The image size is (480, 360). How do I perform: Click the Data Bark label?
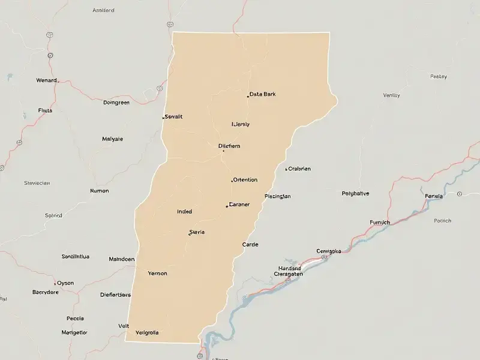(x=263, y=94)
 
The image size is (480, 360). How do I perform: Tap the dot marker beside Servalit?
(x=163, y=118)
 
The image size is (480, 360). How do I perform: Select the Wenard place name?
(x=46, y=80)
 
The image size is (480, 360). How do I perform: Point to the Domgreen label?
(x=116, y=103)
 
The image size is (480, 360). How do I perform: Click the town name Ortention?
(x=245, y=179)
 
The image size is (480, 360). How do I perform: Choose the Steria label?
(x=197, y=232)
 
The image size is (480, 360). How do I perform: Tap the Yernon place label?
(x=157, y=273)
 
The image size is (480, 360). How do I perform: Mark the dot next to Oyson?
(x=56, y=283)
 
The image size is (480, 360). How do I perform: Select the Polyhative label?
(x=355, y=193)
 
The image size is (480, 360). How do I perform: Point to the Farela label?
(x=434, y=196)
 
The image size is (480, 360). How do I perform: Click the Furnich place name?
(x=380, y=222)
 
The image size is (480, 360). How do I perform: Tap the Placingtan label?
(x=278, y=196)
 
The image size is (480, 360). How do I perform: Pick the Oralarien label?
(x=299, y=169)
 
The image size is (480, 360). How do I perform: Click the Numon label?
(x=99, y=191)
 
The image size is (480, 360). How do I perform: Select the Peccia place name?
(x=75, y=319)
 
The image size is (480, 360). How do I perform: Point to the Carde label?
(x=250, y=245)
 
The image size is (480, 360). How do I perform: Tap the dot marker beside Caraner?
(x=227, y=206)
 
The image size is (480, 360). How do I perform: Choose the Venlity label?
(x=391, y=95)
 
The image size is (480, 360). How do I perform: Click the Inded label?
(x=185, y=211)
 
